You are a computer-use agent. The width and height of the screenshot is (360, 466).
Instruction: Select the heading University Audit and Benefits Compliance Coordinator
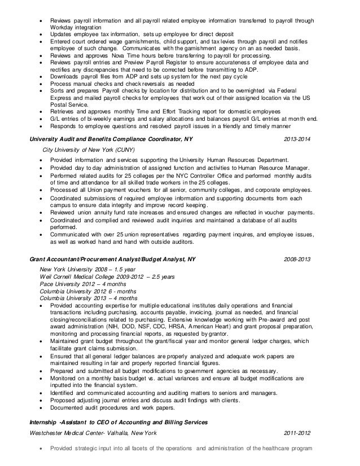pos(113,139)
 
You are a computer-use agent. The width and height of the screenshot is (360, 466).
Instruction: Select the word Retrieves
pos(63,111)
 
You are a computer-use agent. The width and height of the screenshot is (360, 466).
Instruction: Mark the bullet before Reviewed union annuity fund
pos(41,212)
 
